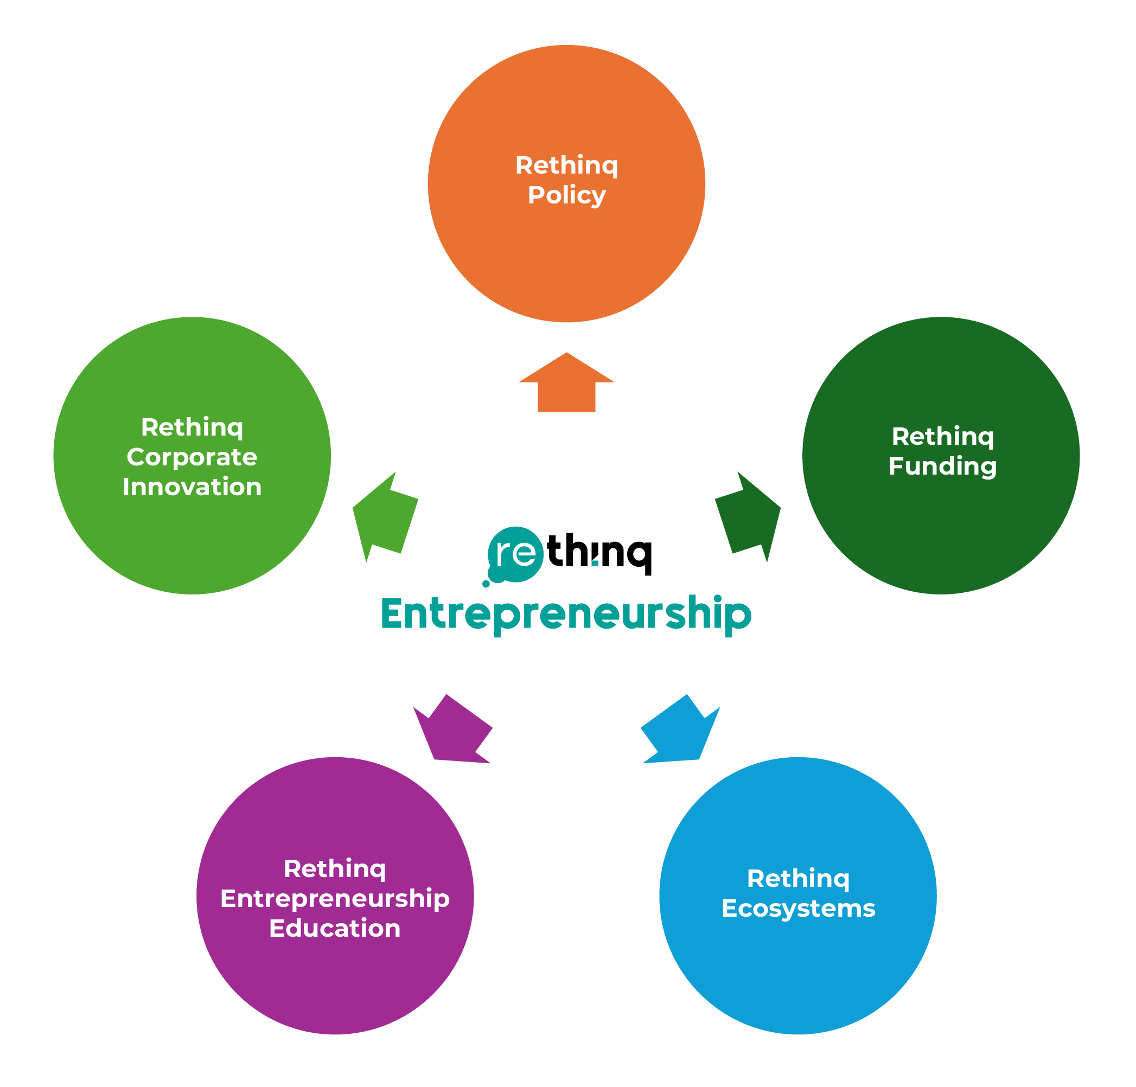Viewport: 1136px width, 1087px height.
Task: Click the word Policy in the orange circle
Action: pos(566,196)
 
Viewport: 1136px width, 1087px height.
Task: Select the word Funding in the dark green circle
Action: pos(942,466)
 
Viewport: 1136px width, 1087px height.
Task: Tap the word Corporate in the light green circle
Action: pos(192,457)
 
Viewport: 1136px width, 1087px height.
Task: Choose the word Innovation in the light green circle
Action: pos(192,487)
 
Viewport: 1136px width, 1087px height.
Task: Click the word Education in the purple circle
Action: pos(335,928)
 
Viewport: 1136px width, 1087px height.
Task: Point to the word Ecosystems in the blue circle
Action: pos(798,909)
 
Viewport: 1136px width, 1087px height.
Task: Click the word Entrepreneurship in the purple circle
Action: pos(335,899)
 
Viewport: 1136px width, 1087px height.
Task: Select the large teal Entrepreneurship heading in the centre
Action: pos(566,614)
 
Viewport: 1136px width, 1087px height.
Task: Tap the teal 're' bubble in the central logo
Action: pos(515,554)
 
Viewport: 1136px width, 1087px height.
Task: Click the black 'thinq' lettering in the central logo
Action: pos(599,552)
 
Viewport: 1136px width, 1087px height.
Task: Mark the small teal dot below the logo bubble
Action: pos(486,584)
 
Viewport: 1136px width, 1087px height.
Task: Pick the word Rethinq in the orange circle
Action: pos(566,166)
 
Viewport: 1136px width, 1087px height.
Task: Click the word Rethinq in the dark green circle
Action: pos(942,436)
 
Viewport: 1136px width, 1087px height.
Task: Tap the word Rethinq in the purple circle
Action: pos(335,868)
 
